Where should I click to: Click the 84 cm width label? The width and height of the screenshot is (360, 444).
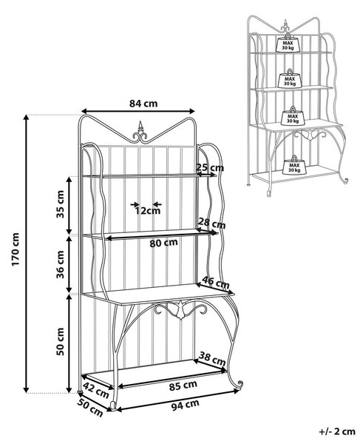[x=143, y=104]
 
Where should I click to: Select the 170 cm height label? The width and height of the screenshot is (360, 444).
[x=16, y=249]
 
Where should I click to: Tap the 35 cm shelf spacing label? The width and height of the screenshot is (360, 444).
[x=60, y=204]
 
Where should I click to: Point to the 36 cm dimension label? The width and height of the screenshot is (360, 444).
[x=60, y=264]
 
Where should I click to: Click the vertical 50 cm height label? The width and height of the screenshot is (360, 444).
[x=60, y=341]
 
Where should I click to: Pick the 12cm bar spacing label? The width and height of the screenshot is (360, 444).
[x=148, y=211]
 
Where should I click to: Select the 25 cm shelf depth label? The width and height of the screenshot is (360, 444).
[x=210, y=168]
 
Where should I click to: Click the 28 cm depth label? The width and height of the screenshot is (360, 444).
[x=212, y=223]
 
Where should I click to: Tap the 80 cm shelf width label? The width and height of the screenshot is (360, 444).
[x=164, y=243]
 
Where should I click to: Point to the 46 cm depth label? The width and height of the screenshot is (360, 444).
[x=216, y=283]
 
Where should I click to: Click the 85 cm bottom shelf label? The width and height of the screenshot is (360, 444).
[x=183, y=386]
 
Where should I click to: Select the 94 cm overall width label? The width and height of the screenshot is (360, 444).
[x=186, y=405]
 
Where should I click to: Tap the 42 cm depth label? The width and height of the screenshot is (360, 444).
[x=96, y=390]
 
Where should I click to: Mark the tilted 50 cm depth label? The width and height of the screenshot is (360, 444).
[x=90, y=408]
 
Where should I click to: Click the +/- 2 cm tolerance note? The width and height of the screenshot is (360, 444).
[x=337, y=431]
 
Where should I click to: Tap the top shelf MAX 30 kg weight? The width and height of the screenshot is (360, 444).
[x=288, y=43]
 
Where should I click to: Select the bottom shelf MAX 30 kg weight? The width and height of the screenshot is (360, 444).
[x=294, y=165]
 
